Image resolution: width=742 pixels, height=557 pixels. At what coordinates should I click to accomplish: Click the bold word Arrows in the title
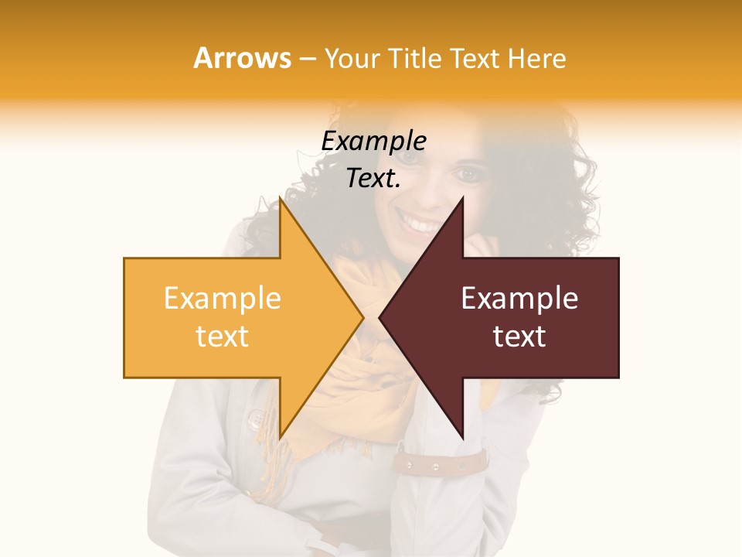pyautogui.click(x=242, y=58)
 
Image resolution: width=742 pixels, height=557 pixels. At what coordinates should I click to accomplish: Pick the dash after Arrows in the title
pyautogui.click(x=307, y=59)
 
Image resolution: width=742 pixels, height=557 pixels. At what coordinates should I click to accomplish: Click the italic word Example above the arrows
pyautogui.click(x=373, y=142)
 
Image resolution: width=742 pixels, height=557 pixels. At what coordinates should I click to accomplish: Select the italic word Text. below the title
pyautogui.click(x=373, y=179)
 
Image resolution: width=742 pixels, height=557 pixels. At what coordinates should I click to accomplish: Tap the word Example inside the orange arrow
pyautogui.click(x=222, y=299)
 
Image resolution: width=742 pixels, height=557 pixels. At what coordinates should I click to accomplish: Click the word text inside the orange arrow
pyautogui.click(x=222, y=337)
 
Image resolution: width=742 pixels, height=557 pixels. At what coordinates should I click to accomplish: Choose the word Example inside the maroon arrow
pyautogui.click(x=519, y=299)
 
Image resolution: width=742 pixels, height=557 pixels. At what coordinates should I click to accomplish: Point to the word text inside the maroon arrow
pyautogui.click(x=519, y=337)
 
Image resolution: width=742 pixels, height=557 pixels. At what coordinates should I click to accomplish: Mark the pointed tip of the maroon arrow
pyautogui.click(x=380, y=318)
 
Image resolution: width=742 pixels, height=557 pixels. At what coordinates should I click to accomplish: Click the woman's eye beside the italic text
pyautogui.click(x=468, y=174)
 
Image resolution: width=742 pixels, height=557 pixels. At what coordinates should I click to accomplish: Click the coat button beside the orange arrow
pyautogui.click(x=256, y=419)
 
